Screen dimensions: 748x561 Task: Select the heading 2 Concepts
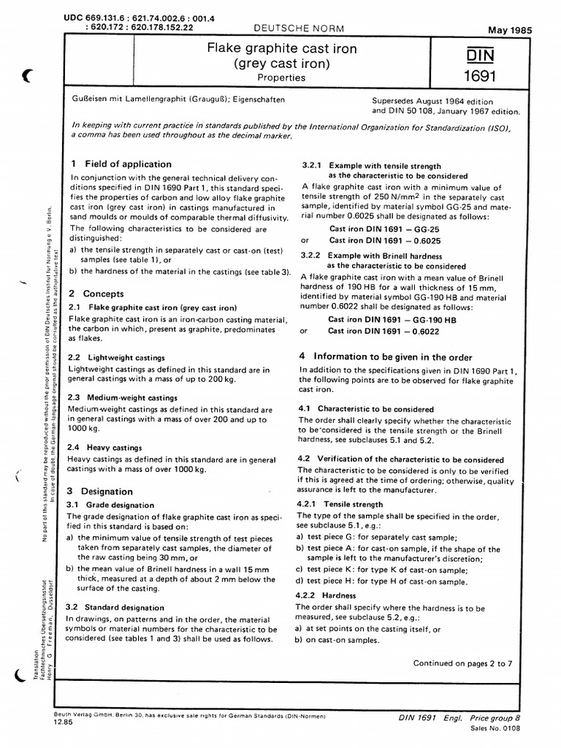[95, 293]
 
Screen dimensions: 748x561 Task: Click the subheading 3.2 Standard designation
[115, 607]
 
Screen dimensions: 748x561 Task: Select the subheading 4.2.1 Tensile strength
[340, 504]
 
